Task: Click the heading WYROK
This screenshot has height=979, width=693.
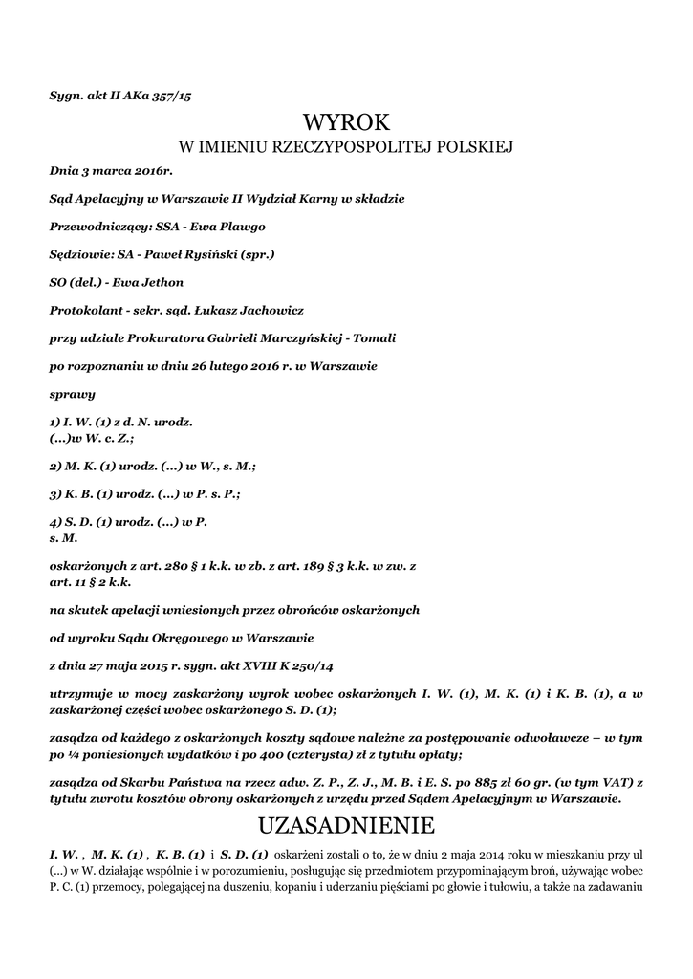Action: pos(346,121)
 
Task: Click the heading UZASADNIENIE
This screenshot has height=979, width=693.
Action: pos(346,824)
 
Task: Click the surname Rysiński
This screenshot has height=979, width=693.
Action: pos(205,254)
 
